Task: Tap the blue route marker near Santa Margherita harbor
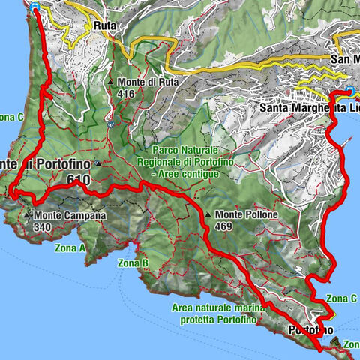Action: [x=351, y=91]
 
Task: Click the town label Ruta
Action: [x=103, y=25]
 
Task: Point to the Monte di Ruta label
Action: [x=142, y=82]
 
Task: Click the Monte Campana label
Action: [x=69, y=215]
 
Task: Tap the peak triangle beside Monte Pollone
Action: [x=208, y=216]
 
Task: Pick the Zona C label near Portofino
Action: [x=341, y=297]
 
